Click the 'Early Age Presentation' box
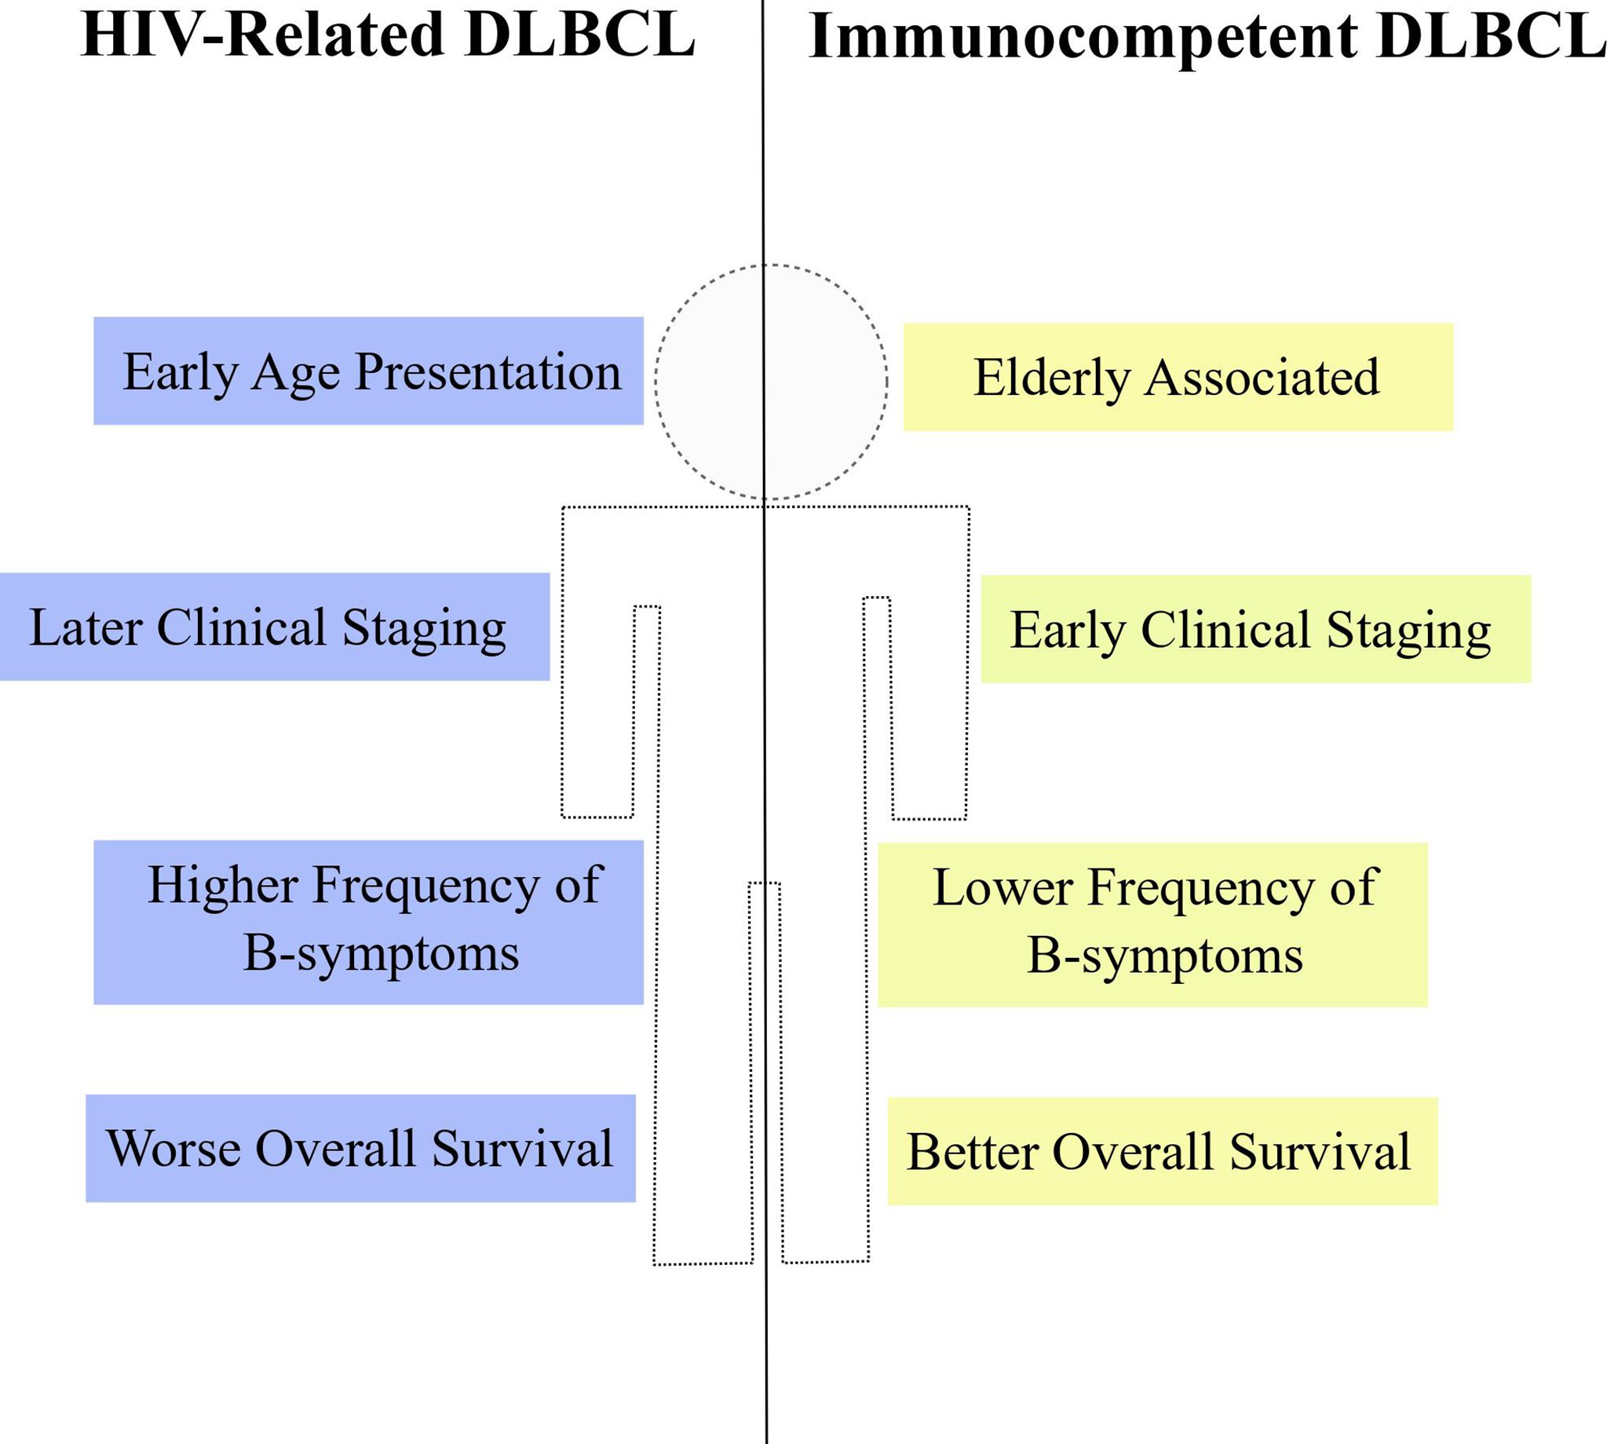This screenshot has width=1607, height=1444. pos(368,371)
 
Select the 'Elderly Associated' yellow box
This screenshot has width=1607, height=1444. pos(1177,377)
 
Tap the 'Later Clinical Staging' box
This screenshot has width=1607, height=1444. pos(274,627)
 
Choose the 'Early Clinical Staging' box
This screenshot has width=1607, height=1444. pos(1255,629)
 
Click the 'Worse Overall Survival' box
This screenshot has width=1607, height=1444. pos(360,1148)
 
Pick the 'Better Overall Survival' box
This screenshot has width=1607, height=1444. pos(1161,1151)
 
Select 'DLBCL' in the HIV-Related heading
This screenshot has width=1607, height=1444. pos(581,35)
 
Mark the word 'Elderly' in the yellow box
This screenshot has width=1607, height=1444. pos(1051,378)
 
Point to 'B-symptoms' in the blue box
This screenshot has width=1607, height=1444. pos(381,953)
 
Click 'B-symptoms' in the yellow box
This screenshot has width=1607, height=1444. pos(1164,956)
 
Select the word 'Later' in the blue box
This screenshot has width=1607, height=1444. pos(86,627)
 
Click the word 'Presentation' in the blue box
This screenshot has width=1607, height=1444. pos(487,372)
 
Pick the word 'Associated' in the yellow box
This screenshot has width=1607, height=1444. pos(1262,377)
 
